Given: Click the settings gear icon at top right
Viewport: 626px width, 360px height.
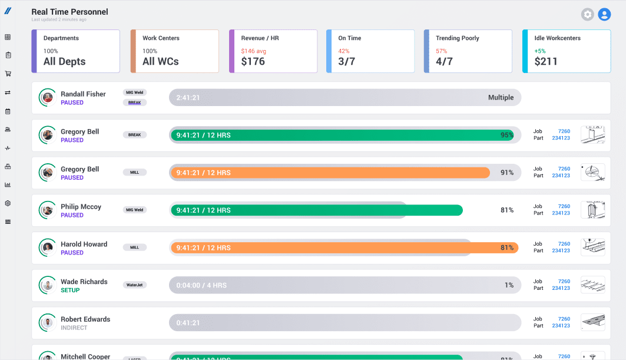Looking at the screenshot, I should pyautogui.click(x=587, y=15).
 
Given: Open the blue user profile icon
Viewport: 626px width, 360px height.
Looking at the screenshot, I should pyautogui.click(x=604, y=15).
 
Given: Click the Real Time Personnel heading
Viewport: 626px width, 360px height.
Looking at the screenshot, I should pyautogui.click(x=69, y=12).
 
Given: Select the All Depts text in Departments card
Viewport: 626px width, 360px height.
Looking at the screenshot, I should pyautogui.click(x=64, y=61).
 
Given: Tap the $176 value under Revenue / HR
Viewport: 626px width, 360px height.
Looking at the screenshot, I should pyautogui.click(x=253, y=61).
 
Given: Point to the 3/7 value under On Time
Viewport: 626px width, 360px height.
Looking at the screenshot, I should pyautogui.click(x=346, y=61).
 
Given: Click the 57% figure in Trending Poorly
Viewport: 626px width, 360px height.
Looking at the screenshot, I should pyautogui.click(x=441, y=51).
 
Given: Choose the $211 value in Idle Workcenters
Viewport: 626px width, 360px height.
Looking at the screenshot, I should pyautogui.click(x=545, y=61).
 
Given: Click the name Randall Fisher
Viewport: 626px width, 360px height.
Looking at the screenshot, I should pyautogui.click(x=83, y=94).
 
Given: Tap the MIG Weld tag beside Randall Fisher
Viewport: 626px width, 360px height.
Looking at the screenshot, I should pyautogui.click(x=134, y=93).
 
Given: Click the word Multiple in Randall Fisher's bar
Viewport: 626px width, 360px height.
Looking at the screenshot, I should pyautogui.click(x=501, y=98).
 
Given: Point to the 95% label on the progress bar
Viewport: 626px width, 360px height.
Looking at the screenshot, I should pyautogui.click(x=506, y=135).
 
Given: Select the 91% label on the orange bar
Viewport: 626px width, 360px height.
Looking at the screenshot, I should pyautogui.click(x=506, y=173).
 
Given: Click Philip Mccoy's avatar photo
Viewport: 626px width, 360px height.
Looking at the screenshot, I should pyautogui.click(x=48, y=210).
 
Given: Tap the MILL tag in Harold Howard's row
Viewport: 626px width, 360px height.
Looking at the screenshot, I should pyautogui.click(x=134, y=247).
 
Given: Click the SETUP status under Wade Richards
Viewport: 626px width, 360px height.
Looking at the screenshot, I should pyautogui.click(x=70, y=290).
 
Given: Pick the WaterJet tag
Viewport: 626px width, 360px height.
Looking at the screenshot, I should pyautogui.click(x=134, y=285).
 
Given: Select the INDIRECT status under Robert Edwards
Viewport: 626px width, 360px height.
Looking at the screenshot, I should pyautogui.click(x=74, y=328).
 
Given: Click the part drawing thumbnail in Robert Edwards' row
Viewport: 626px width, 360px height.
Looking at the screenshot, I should pyautogui.click(x=592, y=322).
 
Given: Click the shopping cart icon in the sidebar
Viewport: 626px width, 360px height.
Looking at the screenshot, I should pyautogui.click(x=8, y=74).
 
